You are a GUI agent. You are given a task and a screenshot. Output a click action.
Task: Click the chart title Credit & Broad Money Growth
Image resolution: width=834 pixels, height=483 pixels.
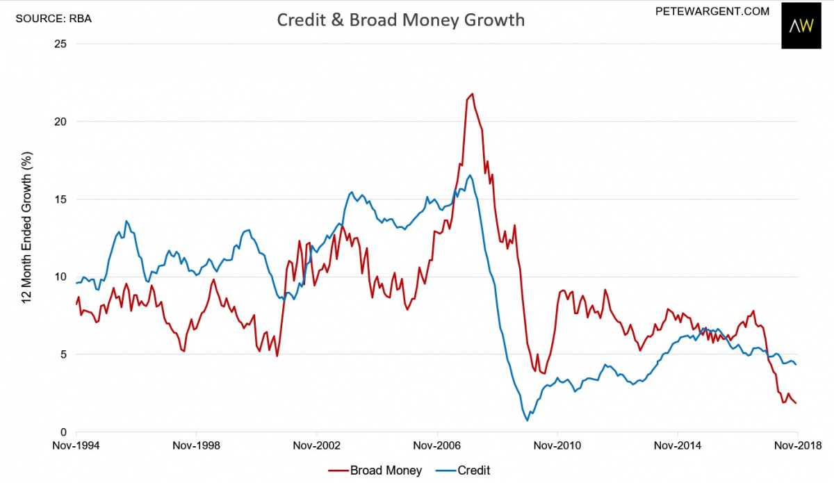click(400, 20)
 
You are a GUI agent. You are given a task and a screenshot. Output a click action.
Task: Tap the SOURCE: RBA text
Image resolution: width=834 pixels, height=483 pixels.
click(54, 18)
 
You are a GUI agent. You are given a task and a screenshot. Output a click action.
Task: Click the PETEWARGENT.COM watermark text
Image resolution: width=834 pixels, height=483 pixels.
click(712, 11)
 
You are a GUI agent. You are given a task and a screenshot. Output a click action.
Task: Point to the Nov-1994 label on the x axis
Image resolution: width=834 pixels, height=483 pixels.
click(76, 445)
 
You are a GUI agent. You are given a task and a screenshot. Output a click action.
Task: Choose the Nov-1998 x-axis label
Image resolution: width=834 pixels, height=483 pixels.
click(196, 445)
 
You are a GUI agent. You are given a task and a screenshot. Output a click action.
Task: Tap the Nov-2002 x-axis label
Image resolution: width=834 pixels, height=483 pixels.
click(316, 445)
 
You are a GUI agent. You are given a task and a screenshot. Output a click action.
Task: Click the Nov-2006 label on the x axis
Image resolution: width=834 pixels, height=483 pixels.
click(436, 445)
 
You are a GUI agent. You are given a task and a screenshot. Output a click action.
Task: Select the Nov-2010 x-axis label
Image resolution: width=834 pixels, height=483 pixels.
click(557, 445)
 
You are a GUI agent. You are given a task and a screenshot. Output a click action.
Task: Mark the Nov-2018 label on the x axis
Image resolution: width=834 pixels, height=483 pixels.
click(796, 445)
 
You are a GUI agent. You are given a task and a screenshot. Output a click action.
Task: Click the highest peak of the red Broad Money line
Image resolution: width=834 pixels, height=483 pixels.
click(473, 94)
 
